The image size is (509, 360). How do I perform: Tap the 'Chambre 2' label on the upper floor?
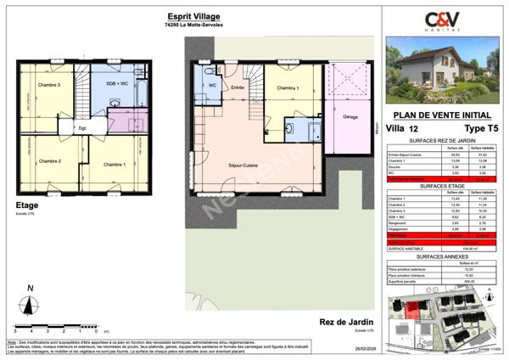point(49,160)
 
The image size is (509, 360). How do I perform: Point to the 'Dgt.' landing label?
point(83,129)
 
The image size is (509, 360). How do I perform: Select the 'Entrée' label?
point(238,87)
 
